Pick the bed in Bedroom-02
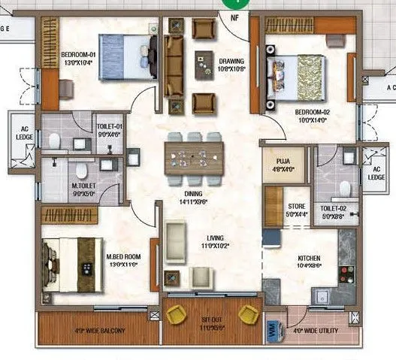(x=298, y=81)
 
